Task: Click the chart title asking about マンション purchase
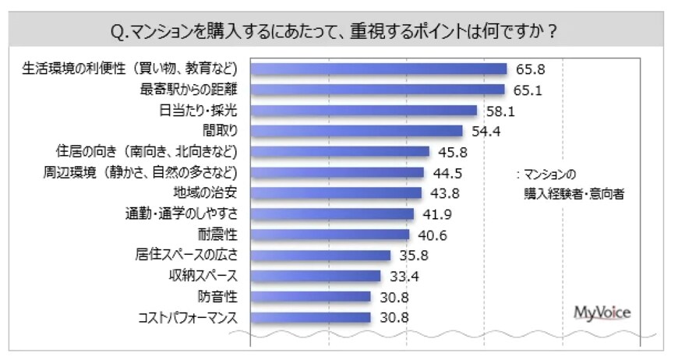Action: pyautogui.click(x=338, y=32)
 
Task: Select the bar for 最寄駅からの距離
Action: pyautogui.click(x=377, y=90)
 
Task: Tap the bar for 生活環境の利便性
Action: pyautogui.click(x=379, y=69)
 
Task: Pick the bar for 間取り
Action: pyautogui.click(x=356, y=131)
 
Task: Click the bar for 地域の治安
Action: pyautogui.click(x=336, y=192)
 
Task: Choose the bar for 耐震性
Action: pyautogui.click(x=330, y=234)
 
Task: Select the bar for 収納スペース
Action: pyautogui.click(x=316, y=276)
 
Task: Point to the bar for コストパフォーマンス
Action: pyautogui.click(x=310, y=317)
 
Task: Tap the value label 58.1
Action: pyautogui.click(x=498, y=111)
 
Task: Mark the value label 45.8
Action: pyautogui.click(x=450, y=152)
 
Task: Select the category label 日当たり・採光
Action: pyautogui.click(x=198, y=111)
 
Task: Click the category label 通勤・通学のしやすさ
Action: pyautogui.click(x=181, y=214)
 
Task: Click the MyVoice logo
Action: pyautogui.click(x=602, y=312)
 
